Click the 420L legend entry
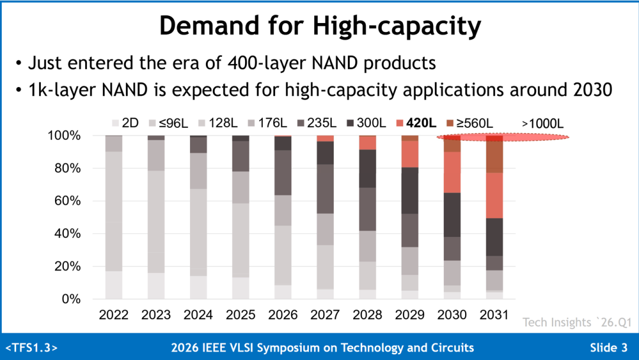[416, 123]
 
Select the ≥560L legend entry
[469, 123]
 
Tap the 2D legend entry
[125, 123]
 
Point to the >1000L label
[543, 124]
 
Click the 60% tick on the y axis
[67, 201]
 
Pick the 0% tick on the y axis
[71, 299]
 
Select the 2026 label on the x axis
[283, 315]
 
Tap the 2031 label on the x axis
[494, 315]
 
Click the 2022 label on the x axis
[114, 315]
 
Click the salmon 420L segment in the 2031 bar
[494, 196]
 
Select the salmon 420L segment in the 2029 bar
[410, 154]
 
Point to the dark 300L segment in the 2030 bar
[453, 215]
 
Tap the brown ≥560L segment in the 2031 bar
[494, 154]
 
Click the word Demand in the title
[209, 25]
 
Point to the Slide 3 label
[609, 348]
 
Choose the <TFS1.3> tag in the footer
[32, 348]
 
